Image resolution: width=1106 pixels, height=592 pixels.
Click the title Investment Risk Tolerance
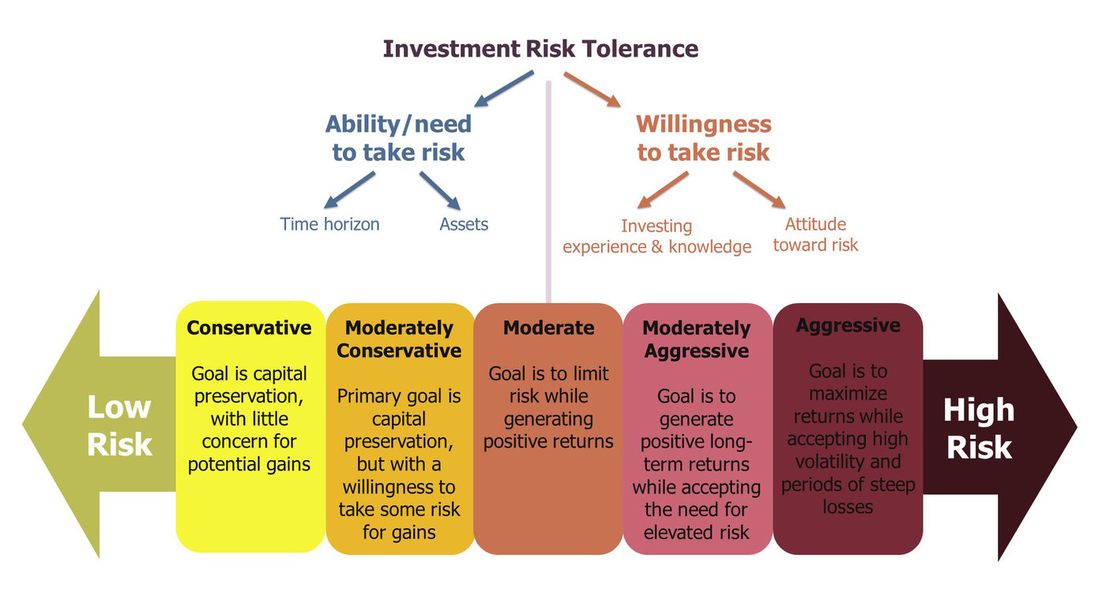click(540, 49)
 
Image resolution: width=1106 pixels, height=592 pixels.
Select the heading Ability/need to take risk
click(398, 137)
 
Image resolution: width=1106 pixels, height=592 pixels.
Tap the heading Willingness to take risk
click(703, 137)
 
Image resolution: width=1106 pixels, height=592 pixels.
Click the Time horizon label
click(329, 224)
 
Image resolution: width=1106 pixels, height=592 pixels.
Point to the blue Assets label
click(464, 224)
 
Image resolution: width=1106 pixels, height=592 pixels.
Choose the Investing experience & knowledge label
click(656, 236)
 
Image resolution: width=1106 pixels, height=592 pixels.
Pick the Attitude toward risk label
click(815, 234)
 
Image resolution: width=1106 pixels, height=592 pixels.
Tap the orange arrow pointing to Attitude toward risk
click(758, 190)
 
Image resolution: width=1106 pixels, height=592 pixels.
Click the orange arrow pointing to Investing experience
click(664, 190)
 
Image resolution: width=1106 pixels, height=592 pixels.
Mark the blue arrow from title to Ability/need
click(504, 88)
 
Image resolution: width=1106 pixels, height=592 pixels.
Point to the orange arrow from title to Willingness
click(592, 89)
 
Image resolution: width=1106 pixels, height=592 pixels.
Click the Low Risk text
click(119, 425)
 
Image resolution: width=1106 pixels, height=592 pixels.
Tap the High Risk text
click(979, 428)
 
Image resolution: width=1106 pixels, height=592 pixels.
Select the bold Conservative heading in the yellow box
click(249, 328)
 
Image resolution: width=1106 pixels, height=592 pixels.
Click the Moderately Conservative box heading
click(399, 339)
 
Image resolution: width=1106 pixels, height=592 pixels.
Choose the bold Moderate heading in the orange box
click(548, 328)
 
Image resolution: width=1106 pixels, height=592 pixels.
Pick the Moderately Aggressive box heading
click(696, 339)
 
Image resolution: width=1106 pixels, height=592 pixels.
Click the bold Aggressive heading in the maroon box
click(848, 325)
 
